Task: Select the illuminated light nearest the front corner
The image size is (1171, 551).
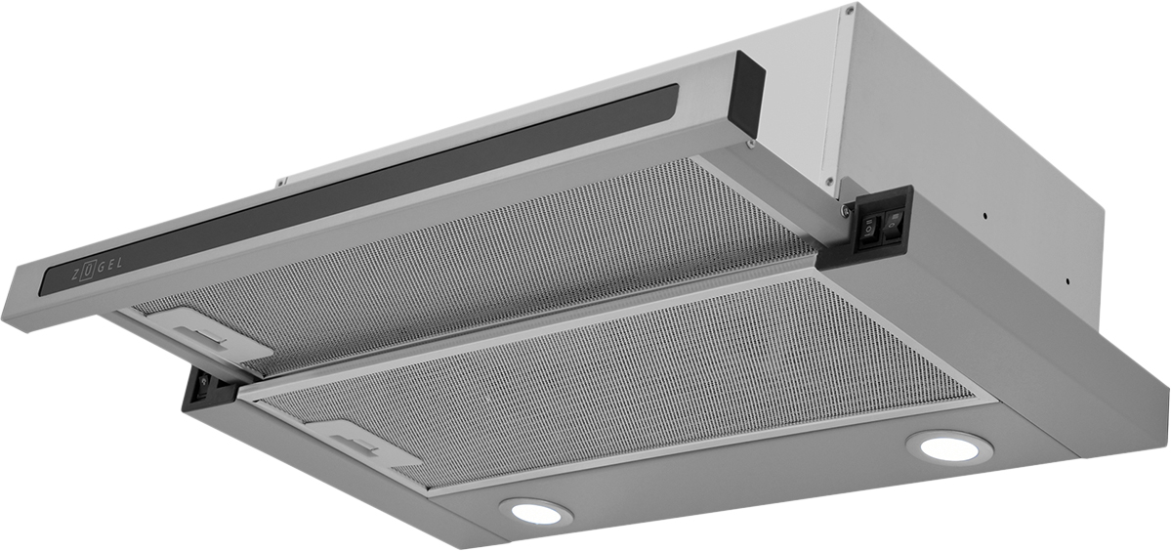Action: (535, 512)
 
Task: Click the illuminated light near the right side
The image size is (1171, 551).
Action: (949, 447)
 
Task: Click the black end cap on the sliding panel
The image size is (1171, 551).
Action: (748, 93)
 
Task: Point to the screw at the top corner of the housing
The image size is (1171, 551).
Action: (849, 11)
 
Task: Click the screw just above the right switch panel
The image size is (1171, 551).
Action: (828, 181)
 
